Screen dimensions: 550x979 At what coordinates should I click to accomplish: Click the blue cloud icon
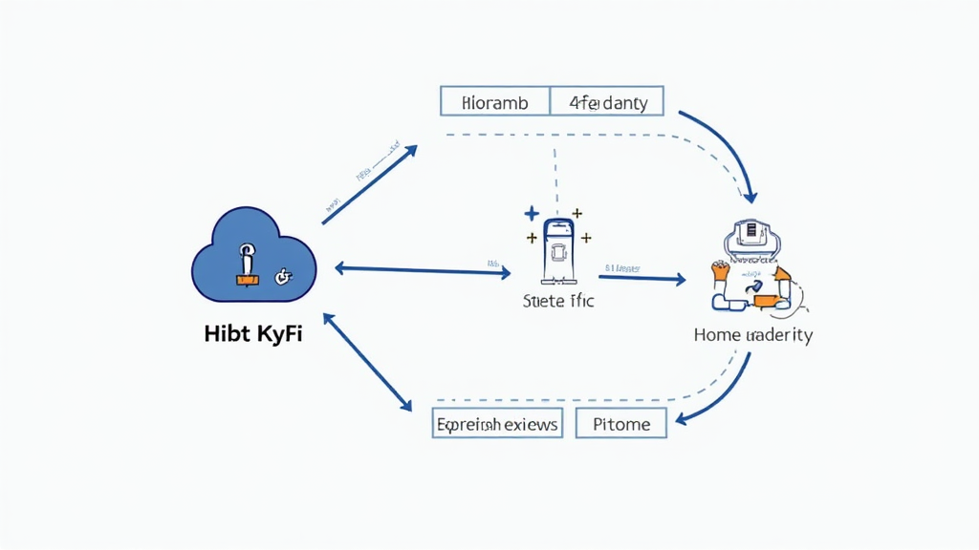pyautogui.click(x=254, y=256)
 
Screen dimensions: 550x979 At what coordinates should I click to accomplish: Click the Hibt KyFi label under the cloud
pyautogui.click(x=253, y=335)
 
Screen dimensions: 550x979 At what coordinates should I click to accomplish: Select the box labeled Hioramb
pyautogui.click(x=494, y=101)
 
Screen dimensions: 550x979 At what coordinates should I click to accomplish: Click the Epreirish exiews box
pyautogui.click(x=497, y=423)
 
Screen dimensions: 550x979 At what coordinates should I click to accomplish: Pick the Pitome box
pyautogui.click(x=621, y=423)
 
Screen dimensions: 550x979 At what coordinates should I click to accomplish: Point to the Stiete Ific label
pyautogui.click(x=558, y=302)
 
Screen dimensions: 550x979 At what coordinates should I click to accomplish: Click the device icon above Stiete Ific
pyautogui.click(x=557, y=253)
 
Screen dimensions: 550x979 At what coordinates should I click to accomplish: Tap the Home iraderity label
pyautogui.click(x=753, y=335)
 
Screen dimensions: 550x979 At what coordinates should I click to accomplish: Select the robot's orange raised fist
pyautogui.click(x=720, y=271)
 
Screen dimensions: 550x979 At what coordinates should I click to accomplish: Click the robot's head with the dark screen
pyautogui.click(x=753, y=236)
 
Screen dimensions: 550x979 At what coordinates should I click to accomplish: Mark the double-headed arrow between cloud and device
pyautogui.click(x=422, y=270)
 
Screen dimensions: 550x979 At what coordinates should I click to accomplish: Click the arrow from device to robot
pyautogui.click(x=643, y=278)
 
